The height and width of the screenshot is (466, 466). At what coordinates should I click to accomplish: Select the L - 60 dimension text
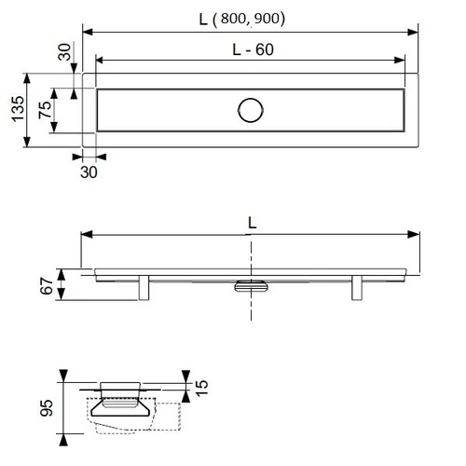tap(253, 49)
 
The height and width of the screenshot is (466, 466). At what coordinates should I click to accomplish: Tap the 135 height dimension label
tap(18, 109)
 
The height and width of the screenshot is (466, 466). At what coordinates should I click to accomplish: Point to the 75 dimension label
tap(45, 110)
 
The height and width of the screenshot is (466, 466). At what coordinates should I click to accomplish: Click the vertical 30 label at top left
tap(64, 52)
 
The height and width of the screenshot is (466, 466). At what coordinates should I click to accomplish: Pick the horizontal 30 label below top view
tap(89, 172)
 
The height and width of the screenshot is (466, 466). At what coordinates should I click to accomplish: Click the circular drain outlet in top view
tap(251, 110)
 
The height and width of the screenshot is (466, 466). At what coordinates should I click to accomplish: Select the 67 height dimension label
tap(47, 286)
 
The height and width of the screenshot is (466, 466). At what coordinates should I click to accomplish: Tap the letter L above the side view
tap(252, 223)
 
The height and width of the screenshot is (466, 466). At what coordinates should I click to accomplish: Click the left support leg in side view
tap(144, 288)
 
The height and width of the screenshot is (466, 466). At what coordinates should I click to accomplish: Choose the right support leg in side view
tap(357, 288)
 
